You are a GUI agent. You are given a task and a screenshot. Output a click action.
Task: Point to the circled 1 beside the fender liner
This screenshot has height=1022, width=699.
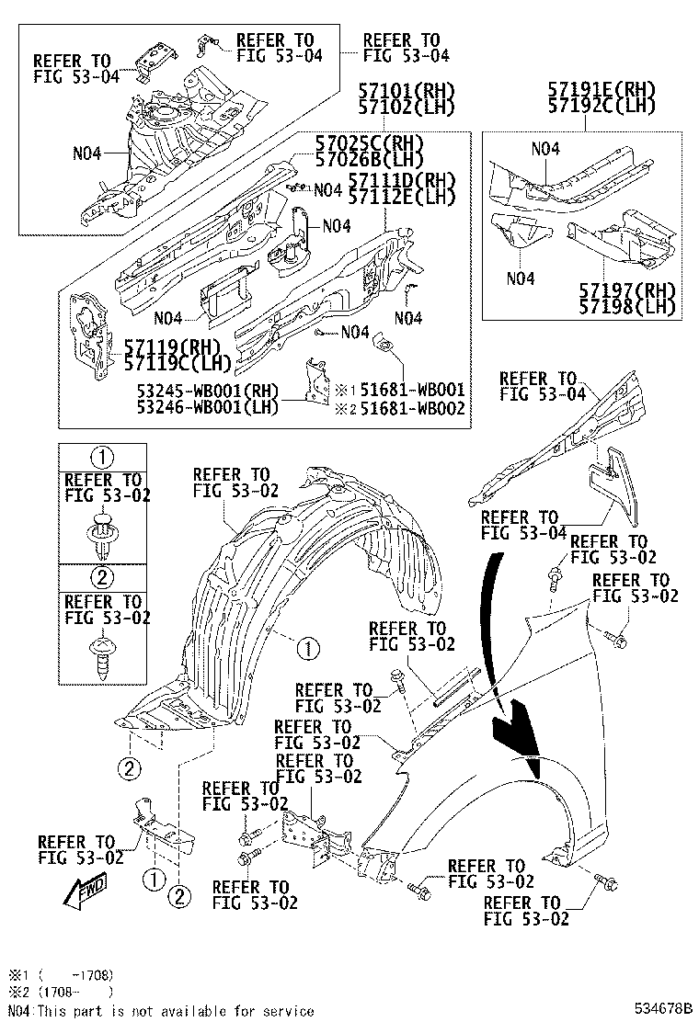pyautogui.click(x=307, y=649)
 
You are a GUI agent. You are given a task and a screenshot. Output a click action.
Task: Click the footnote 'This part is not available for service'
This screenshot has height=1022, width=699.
pyautogui.click(x=175, y=1010)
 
